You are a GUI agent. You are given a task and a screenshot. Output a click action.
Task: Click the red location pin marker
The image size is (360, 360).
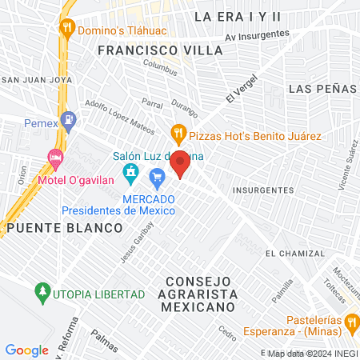tap(181, 163)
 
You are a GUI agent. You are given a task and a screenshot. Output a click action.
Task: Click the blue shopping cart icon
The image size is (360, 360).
tap(158, 175)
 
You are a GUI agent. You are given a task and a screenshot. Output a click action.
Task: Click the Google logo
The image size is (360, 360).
tap(26, 350)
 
